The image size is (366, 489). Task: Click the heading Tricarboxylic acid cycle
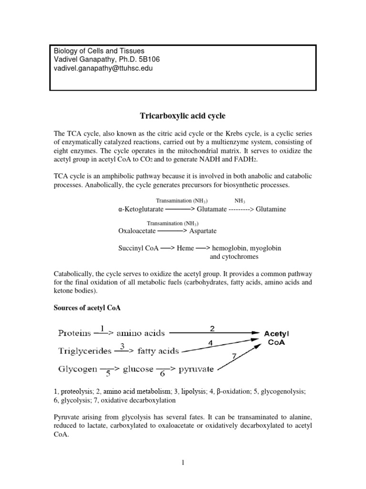pyautogui.click(x=183, y=116)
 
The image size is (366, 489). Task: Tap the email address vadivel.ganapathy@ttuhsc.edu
pyautogui.click(x=102, y=68)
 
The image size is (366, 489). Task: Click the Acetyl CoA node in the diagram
pyautogui.click(x=276, y=338)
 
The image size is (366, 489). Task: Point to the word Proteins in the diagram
pyautogui.click(x=75, y=332)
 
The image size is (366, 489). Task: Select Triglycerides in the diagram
pyautogui.click(x=85, y=351)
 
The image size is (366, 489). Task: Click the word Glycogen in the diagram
pyautogui.click(x=78, y=369)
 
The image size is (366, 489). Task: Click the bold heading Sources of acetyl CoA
pyautogui.click(x=87, y=308)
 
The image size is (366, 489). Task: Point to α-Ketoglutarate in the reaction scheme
pyautogui.click(x=141, y=209)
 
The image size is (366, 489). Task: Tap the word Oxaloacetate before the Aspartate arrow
pyautogui.click(x=137, y=231)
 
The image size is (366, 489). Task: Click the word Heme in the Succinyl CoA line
pyautogui.click(x=185, y=248)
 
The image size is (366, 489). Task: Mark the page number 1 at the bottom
pyautogui.click(x=183, y=463)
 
